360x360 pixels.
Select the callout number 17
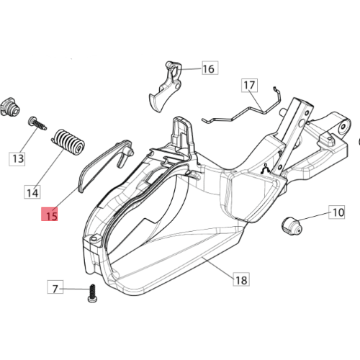tap(249, 85)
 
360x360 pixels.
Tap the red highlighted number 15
tap(50, 214)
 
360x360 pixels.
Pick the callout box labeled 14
tap(32, 192)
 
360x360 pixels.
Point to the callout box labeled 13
tap(17, 158)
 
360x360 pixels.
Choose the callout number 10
tap(337, 212)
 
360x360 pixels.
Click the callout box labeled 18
tap(241, 279)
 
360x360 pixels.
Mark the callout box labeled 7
tap(55, 287)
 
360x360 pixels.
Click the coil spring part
tap(68, 143)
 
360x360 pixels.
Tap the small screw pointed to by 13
tap(37, 123)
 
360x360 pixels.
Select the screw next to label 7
tap(92, 293)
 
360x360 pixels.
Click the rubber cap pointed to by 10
tap(292, 226)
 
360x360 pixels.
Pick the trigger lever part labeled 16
tap(166, 86)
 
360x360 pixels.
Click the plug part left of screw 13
tap(10, 107)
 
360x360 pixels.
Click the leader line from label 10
tap(313, 216)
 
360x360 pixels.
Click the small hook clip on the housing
tap(266, 168)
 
